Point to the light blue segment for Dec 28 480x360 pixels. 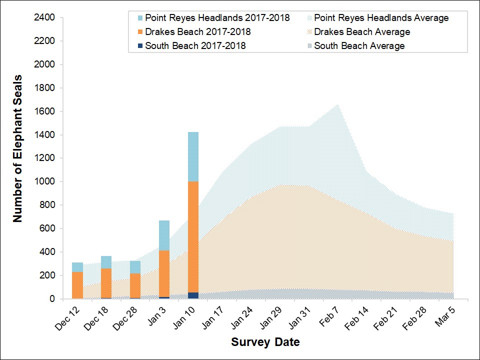(135, 267)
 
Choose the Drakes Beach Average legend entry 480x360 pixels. (362, 32)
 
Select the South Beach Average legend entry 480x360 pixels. (359, 46)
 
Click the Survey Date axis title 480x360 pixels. (265, 342)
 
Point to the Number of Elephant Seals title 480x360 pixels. (18, 148)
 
